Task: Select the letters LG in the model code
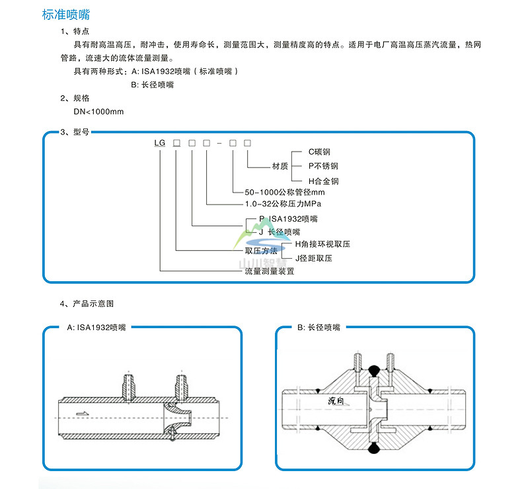(x=161, y=143)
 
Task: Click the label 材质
(x=280, y=167)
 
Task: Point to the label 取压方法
(x=261, y=251)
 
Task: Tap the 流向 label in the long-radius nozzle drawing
(x=337, y=401)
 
